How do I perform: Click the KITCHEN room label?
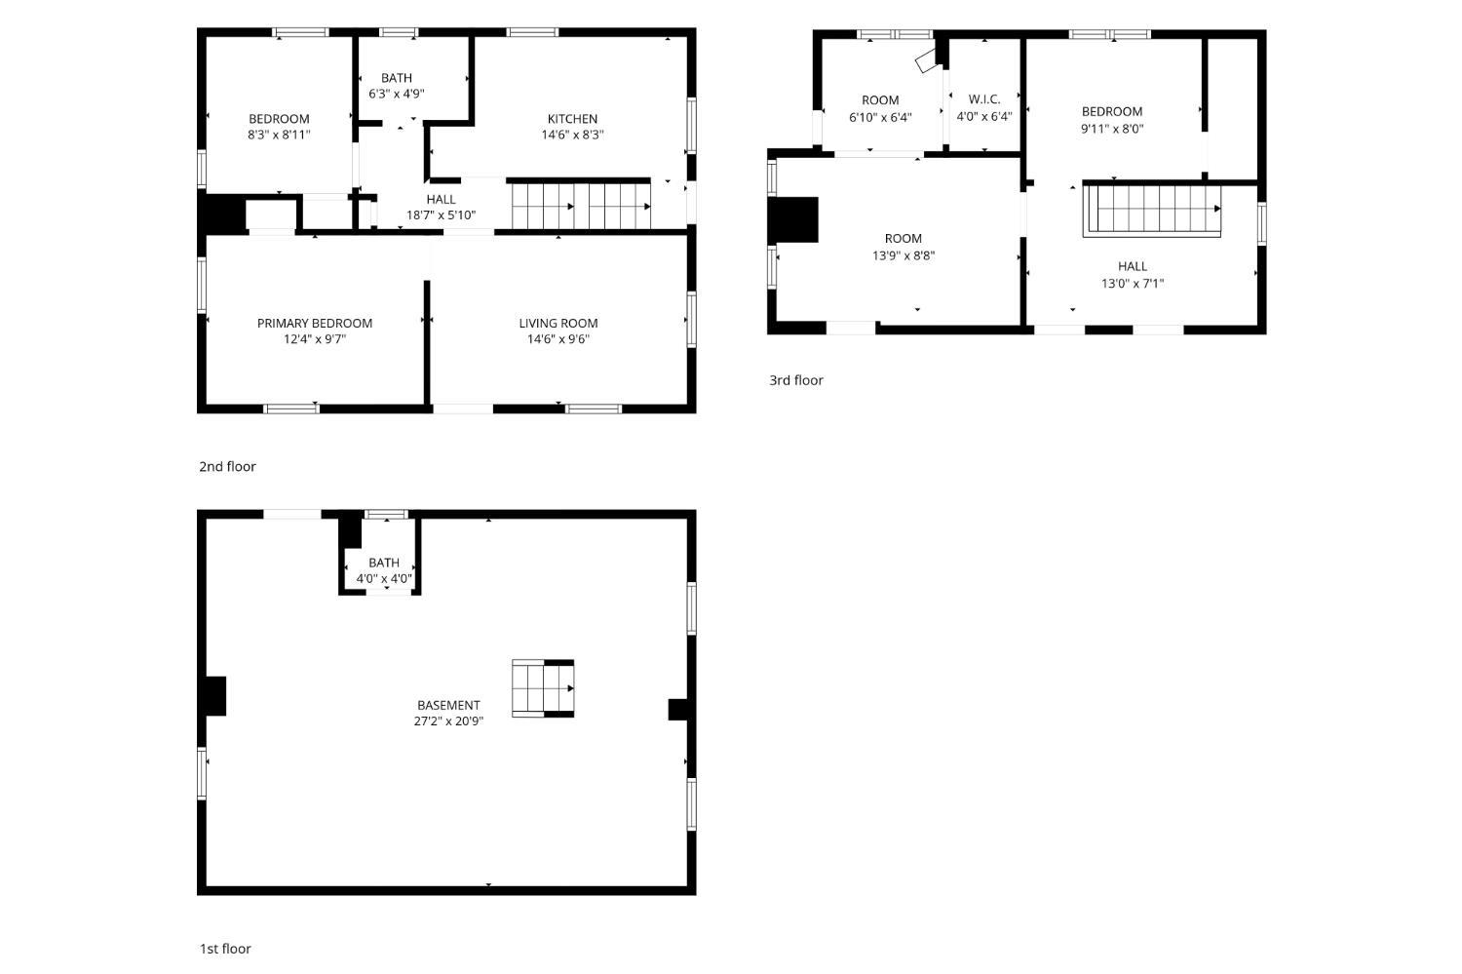click(x=572, y=119)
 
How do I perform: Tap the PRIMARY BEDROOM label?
click(x=315, y=323)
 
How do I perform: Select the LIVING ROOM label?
click(x=558, y=323)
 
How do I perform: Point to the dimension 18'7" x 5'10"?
click(x=442, y=214)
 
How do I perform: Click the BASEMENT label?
click(x=448, y=705)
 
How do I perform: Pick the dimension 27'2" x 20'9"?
click(x=448, y=721)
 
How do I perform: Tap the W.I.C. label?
click(x=984, y=99)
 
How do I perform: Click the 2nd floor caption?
click(x=227, y=466)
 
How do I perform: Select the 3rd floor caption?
click(x=796, y=380)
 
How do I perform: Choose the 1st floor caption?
click(x=225, y=949)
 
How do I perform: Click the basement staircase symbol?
click(x=543, y=688)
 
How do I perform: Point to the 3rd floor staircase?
click(x=1152, y=210)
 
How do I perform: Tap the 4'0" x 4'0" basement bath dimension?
click(x=384, y=578)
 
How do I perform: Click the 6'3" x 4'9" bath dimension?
click(x=396, y=94)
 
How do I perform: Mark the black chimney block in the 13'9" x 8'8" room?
click(x=793, y=220)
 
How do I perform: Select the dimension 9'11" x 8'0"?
click(x=1112, y=129)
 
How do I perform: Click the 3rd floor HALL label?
click(x=1133, y=266)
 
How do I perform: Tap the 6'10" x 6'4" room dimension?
click(x=880, y=118)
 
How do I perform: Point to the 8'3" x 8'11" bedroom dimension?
click(x=279, y=135)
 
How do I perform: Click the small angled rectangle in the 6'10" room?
click(x=927, y=60)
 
